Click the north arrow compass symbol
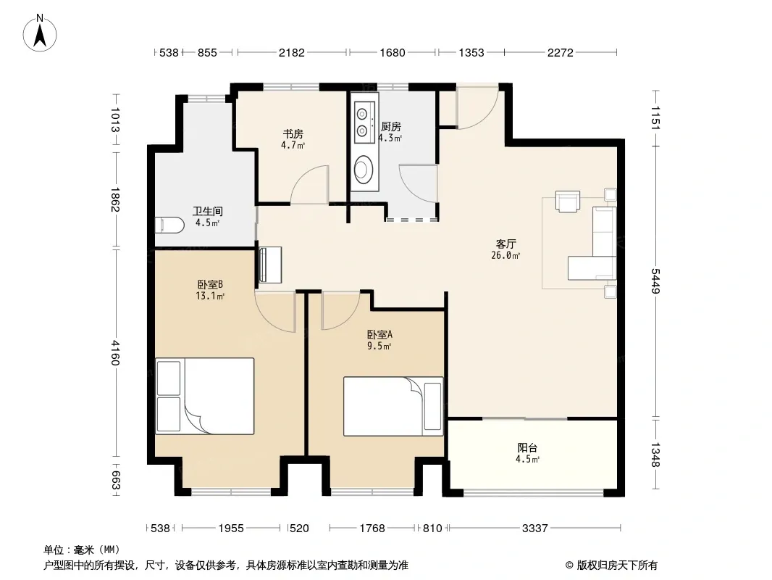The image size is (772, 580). point(40,33)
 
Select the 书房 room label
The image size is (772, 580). point(293,134)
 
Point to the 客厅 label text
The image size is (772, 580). point(505,244)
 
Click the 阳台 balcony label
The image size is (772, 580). point(527,448)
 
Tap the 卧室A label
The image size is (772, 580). point(379,335)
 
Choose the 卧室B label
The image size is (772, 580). point(210,284)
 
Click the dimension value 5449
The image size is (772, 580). point(655,281)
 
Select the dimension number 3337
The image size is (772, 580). point(534,529)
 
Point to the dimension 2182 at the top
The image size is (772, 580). point(292,52)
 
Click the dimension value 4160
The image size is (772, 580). point(114,353)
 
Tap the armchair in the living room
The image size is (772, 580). point(568,201)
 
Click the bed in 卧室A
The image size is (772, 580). point(393,407)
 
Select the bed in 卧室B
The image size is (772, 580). point(205,396)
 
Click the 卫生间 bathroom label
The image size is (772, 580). point(207,212)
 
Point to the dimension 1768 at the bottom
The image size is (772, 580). point(372,529)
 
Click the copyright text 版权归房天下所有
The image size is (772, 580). point(617,565)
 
